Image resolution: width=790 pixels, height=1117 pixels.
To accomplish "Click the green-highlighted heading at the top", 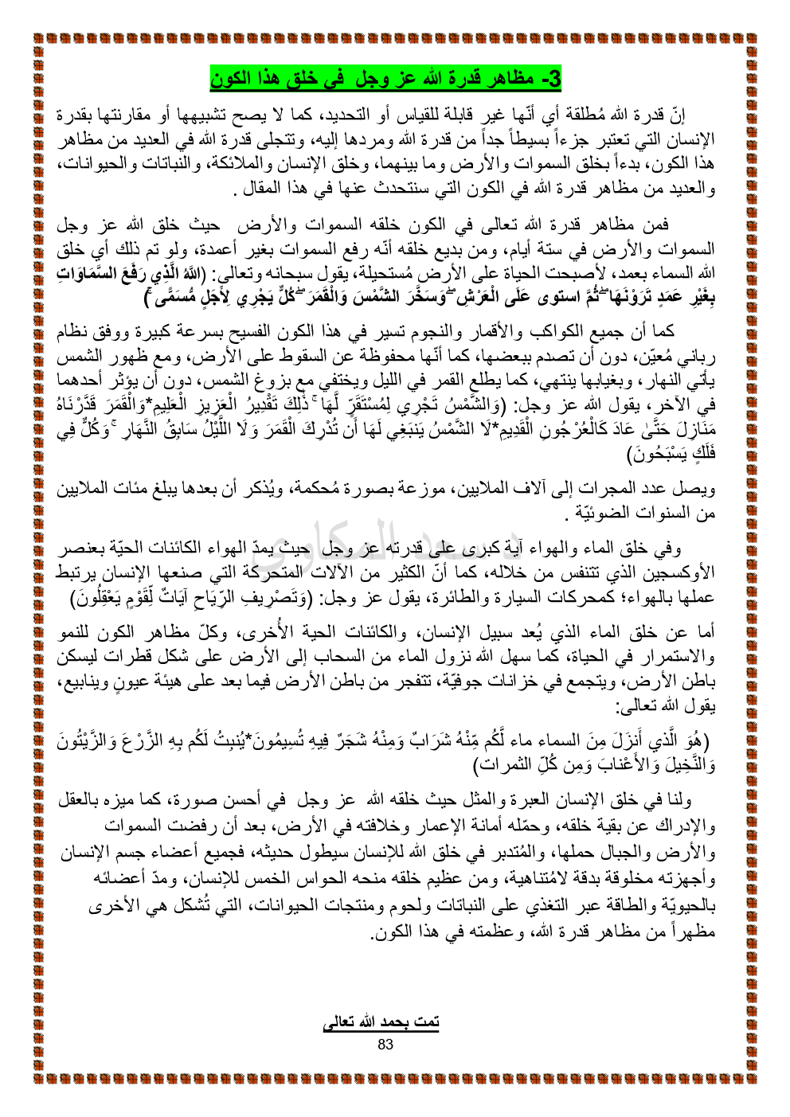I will click(386, 79).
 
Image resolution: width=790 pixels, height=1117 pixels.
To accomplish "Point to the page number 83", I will click(385, 1044).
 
